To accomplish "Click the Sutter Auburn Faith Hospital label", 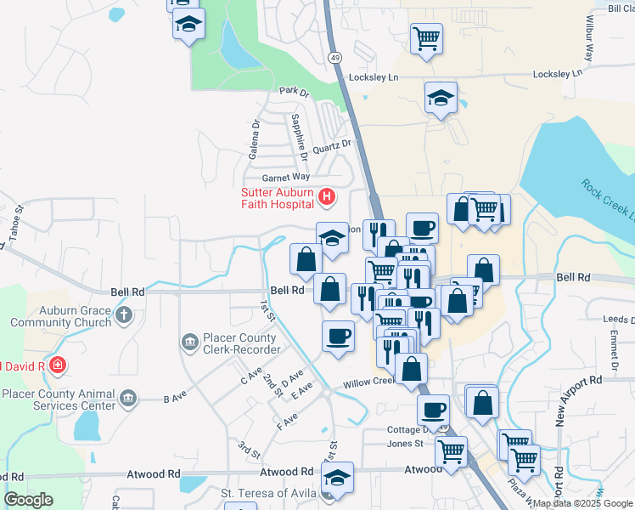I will click(278, 197).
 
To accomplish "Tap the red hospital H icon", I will click(327, 198).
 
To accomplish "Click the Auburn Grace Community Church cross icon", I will click(124, 315).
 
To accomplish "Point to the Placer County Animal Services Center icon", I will click(128, 398).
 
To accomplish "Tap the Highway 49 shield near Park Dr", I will click(335, 57).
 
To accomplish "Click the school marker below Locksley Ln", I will click(441, 99).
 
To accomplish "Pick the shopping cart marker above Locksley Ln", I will click(425, 38).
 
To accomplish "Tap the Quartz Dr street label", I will click(331, 147).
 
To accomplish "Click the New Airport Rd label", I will click(560, 399).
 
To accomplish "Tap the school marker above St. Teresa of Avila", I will click(337, 478).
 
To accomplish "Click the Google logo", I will click(28, 500).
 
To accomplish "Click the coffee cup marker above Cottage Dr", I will click(433, 411).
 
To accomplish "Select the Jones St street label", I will click(405, 444).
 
